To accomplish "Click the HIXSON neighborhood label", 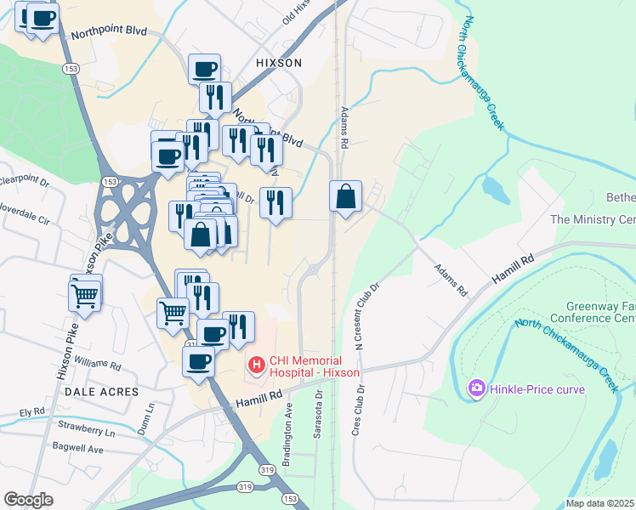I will (x=278, y=63).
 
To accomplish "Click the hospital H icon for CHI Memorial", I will (x=256, y=365).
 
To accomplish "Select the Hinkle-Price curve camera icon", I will (x=476, y=388).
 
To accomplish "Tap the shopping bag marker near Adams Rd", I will (x=346, y=196).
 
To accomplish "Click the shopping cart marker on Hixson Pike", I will (x=84, y=296).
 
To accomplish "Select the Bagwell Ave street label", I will (x=75, y=448).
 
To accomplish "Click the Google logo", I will (x=28, y=500).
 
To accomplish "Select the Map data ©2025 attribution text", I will (x=600, y=503).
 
